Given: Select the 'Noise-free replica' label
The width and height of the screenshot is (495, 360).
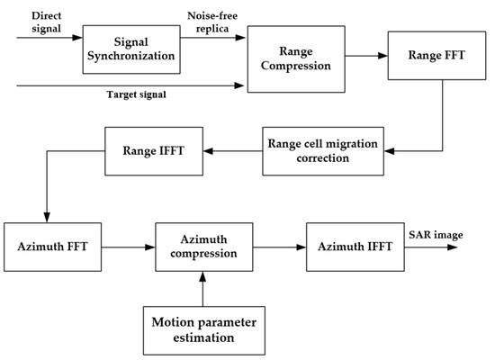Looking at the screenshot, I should click(x=211, y=23).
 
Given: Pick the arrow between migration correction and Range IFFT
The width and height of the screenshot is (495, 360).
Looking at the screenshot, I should click(x=230, y=149).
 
